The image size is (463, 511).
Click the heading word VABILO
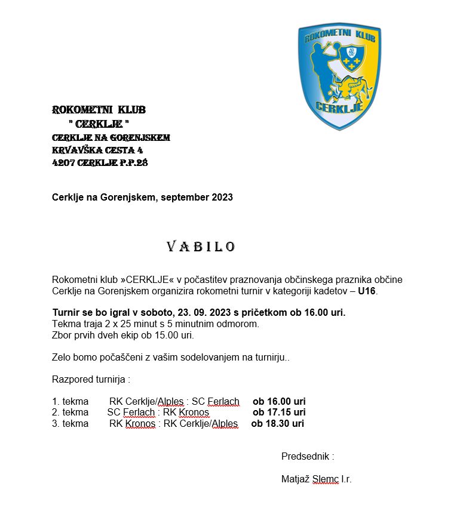coord(201,247)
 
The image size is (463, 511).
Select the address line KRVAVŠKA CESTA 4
coord(97,150)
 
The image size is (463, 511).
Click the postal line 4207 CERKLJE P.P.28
coord(99,162)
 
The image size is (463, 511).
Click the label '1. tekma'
coord(70,401)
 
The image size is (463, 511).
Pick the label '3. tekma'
coord(70,423)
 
